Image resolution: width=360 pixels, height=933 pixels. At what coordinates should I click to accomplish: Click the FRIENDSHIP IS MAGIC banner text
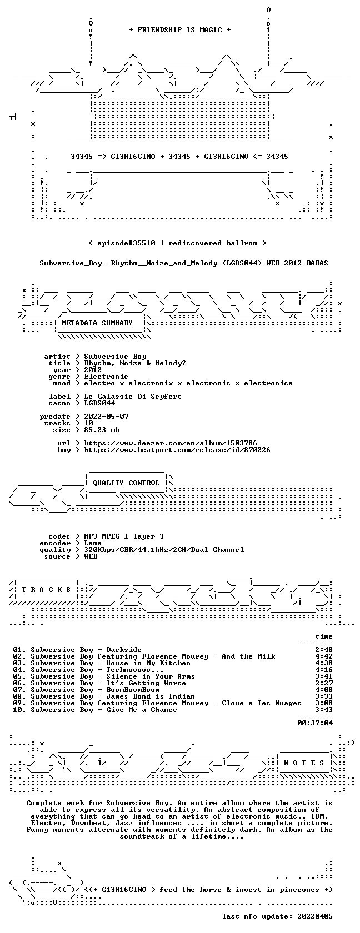(180, 30)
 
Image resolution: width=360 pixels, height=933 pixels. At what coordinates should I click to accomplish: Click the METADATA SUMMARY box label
(97, 323)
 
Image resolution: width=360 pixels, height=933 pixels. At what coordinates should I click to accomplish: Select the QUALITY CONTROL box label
(126, 483)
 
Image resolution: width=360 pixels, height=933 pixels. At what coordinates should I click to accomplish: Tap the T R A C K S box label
(46, 590)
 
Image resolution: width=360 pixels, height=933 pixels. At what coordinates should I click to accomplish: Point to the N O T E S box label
(304, 763)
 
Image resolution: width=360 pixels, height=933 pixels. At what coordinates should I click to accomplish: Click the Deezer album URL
(171, 443)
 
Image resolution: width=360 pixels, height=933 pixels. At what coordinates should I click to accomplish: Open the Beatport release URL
(177, 450)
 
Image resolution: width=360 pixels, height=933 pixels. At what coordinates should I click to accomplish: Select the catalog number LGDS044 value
(99, 403)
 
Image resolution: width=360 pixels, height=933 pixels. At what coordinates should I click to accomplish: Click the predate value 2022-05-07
(106, 417)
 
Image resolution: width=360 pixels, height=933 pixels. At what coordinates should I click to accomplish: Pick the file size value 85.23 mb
(102, 430)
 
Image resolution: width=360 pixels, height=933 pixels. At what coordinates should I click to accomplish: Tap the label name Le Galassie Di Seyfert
(133, 397)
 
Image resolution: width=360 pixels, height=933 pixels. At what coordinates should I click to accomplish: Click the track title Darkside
(124, 650)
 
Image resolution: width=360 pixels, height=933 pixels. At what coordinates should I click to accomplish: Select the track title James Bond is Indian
(151, 696)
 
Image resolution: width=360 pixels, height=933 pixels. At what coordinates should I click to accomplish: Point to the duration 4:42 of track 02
(324, 656)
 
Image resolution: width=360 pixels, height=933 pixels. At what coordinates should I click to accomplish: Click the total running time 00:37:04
(315, 723)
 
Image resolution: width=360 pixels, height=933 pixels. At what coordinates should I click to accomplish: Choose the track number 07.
(18, 690)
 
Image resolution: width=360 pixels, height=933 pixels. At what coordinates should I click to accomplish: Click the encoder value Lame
(93, 543)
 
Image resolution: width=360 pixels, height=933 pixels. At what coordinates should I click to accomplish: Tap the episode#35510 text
(126, 243)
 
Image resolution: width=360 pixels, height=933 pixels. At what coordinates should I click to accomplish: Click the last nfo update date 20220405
(315, 916)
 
